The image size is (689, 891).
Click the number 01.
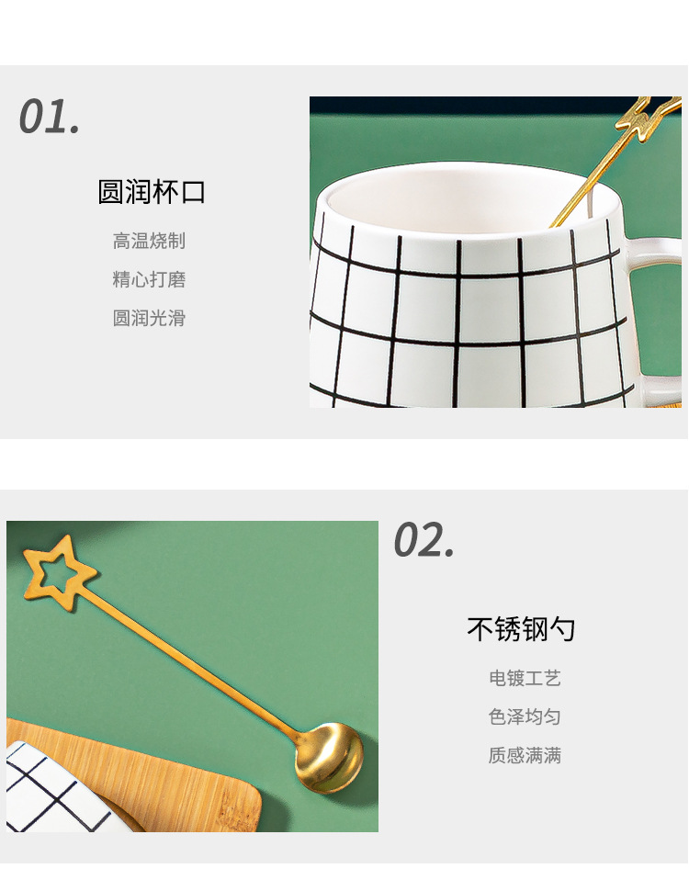coord(50,118)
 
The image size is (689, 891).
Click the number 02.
coord(424,539)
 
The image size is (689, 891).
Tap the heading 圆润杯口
coord(152,192)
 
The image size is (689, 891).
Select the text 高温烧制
coord(149,241)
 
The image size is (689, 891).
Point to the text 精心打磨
coord(149,279)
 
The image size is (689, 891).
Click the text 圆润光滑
coord(149,318)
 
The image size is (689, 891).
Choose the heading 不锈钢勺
coord(521,629)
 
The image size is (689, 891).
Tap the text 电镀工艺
coord(525,679)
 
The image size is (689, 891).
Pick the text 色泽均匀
coord(525,717)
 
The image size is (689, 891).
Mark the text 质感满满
coord(525,756)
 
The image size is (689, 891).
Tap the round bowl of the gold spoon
coord(332,756)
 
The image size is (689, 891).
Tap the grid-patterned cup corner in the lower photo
coord(51,790)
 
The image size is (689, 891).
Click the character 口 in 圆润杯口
coord(193,192)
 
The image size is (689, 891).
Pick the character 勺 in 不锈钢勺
coord(563,629)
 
